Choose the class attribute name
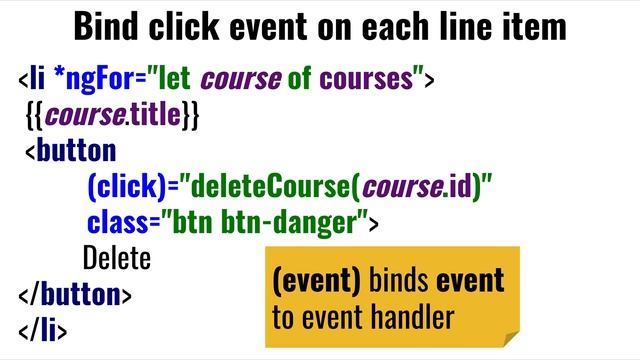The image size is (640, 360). pos(115,222)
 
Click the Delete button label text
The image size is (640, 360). pos(116,258)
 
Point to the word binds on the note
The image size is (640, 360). pos(399,281)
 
